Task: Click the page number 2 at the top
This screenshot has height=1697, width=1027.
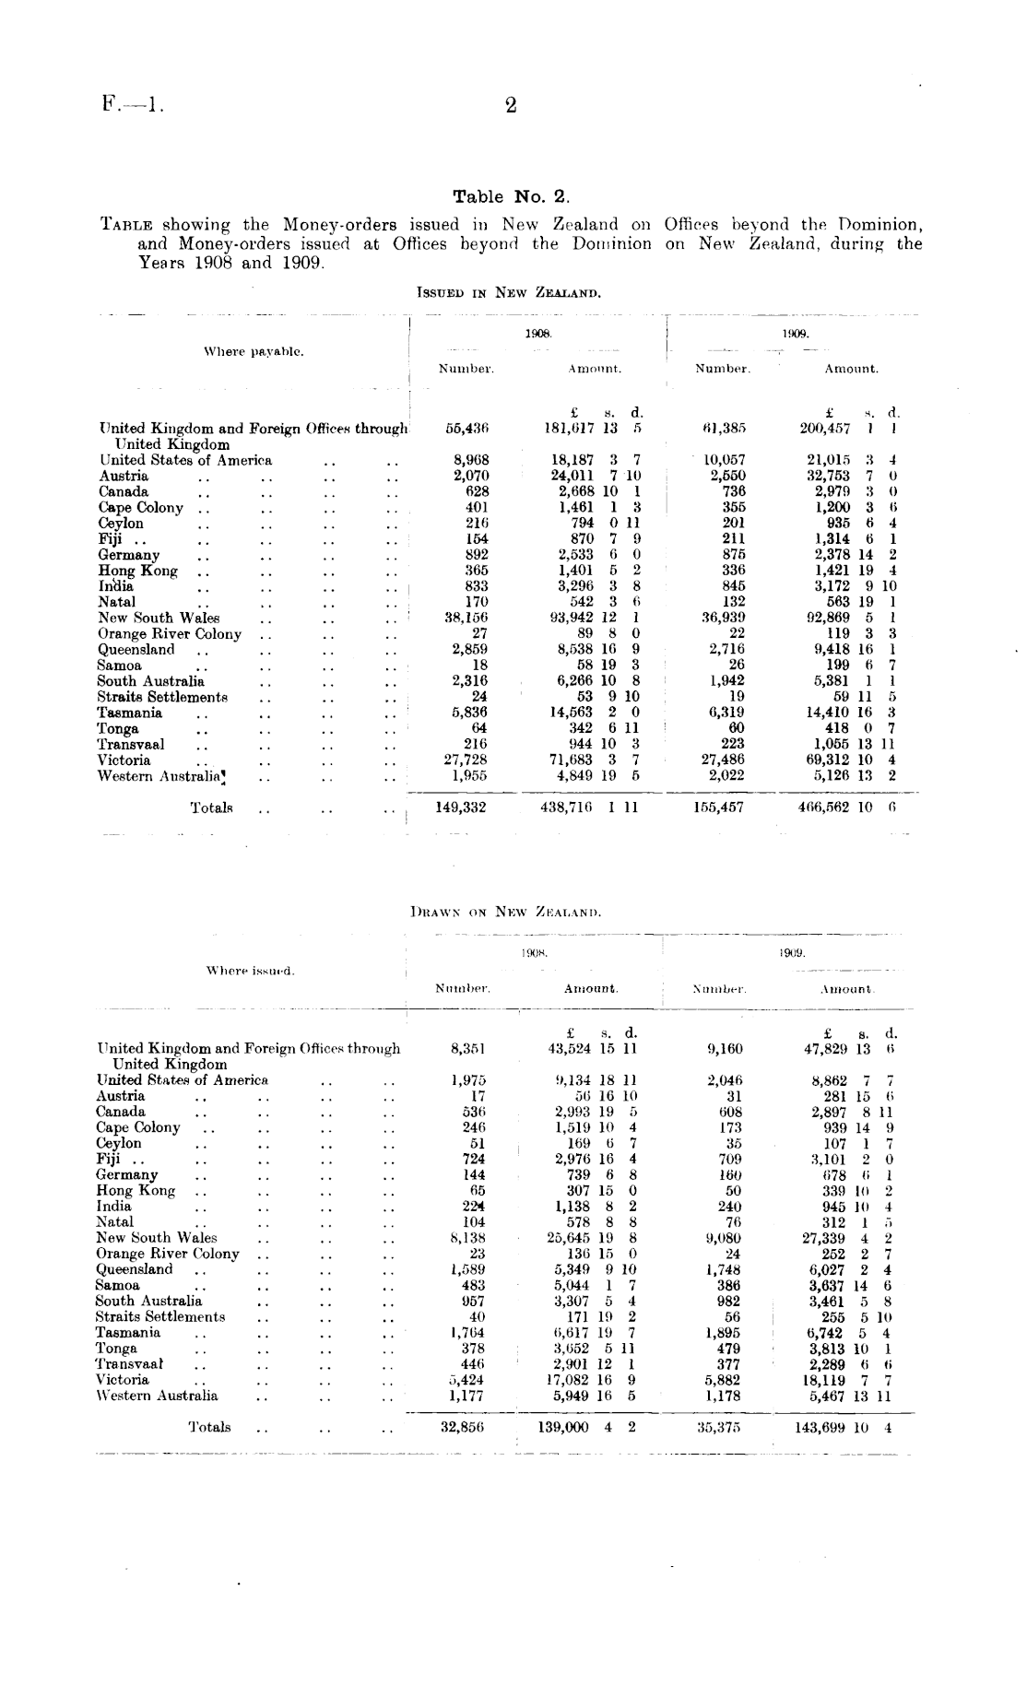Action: [511, 105]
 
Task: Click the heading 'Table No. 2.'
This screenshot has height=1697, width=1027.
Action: [512, 196]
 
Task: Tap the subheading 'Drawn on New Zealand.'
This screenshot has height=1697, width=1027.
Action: [505, 913]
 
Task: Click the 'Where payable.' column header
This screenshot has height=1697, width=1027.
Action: [254, 351]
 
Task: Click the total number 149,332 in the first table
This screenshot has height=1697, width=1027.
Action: [460, 807]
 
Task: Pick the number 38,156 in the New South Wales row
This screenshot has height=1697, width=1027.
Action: [466, 618]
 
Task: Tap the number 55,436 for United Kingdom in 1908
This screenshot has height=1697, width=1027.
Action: [466, 429]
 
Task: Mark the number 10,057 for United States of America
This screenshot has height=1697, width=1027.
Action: [725, 460]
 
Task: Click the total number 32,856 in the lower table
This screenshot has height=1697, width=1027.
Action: [464, 1427]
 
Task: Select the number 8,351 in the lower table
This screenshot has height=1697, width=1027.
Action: [468, 1048]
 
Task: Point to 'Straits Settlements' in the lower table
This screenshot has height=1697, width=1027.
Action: [160, 1316]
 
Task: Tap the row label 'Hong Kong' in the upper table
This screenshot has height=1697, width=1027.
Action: [125, 571]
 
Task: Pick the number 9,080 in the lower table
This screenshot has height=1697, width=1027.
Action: [724, 1238]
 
